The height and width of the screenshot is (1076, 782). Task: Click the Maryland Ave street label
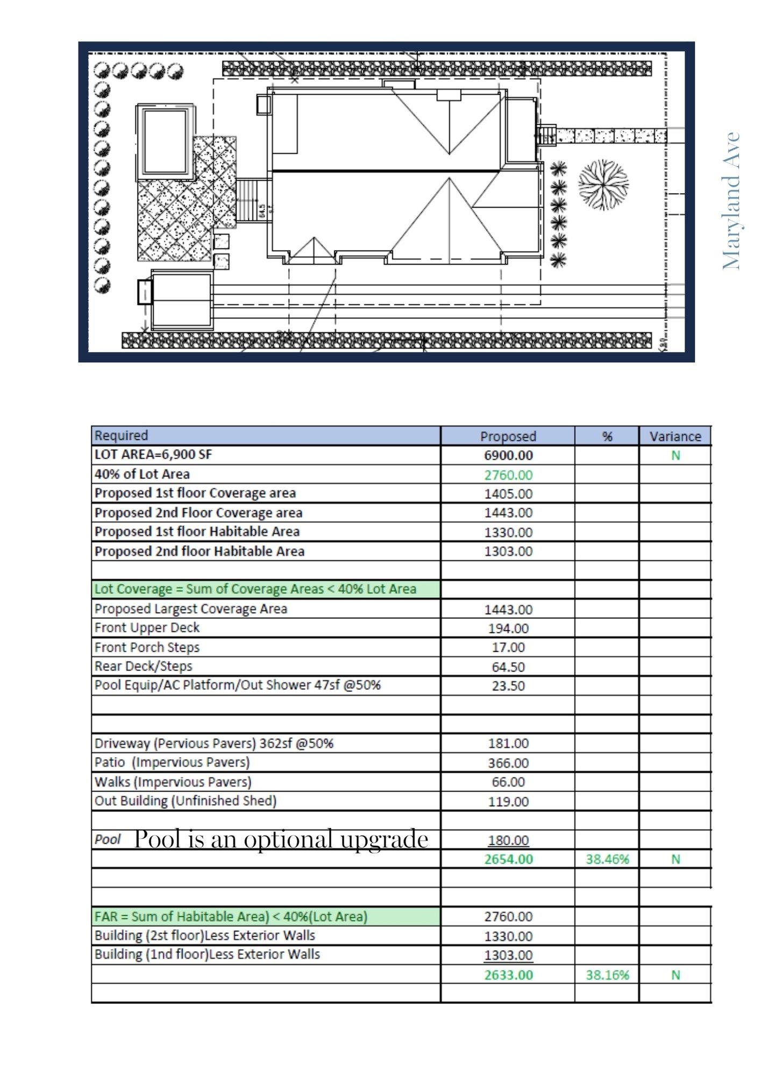click(732, 200)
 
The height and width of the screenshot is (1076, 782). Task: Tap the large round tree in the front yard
click(603, 184)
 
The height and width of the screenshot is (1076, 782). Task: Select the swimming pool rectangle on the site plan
click(165, 141)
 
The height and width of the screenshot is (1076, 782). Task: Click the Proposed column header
click(508, 436)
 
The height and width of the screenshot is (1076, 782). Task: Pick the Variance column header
click(675, 436)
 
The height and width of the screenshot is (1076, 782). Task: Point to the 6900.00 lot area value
click(508, 455)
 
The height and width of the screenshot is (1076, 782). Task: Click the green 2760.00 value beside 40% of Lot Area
click(508, 475)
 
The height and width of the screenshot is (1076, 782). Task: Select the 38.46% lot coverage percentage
click(607, 859)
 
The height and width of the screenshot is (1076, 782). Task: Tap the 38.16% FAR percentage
click(607, 974)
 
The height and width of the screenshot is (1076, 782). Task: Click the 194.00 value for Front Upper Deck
click(508, 628)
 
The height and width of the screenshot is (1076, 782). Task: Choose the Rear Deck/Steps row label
click(143, 666)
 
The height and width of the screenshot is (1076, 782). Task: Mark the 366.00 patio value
click(508, 762)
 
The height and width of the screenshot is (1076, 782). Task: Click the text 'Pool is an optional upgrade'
click(281, 839)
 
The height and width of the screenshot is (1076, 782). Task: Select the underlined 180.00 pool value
click(508, 840)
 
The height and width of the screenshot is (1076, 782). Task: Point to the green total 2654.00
click(508, 859)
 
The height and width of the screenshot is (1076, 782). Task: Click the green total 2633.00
click(508, 974)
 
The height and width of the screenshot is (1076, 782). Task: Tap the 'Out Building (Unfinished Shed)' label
click(185, 801)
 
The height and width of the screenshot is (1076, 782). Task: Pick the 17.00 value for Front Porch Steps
click(508, 647)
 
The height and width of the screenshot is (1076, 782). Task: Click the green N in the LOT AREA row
click(675, 455)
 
